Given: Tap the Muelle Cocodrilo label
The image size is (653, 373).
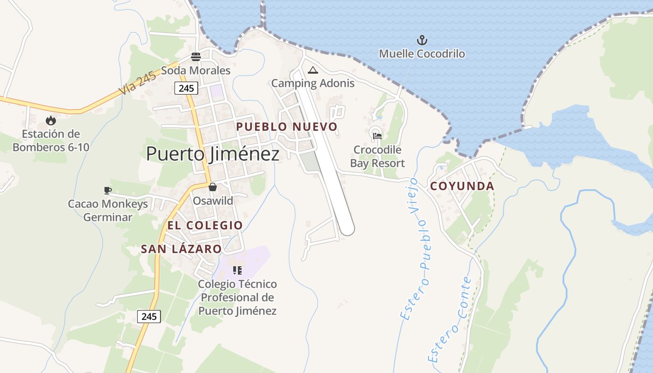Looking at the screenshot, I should click(x=422, y=54).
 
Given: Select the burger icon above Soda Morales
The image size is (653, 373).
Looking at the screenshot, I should click(x=196, y=57).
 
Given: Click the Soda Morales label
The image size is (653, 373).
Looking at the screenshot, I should click(x=196, y=71).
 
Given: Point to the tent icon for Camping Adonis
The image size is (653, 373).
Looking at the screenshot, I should click(x=313, y=70).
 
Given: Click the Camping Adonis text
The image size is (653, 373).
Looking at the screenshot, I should click(x=313, y=83).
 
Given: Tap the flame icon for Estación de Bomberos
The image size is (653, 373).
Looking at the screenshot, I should click(x=51, y=121).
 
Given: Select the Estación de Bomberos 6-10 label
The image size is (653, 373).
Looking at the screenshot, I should click(x=51, y=141).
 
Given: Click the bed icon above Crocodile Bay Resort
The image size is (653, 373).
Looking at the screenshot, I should click(x=377, y=136).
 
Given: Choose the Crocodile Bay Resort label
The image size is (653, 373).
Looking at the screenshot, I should click(x=377, y=157).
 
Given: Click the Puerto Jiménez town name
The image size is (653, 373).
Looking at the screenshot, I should click(x=213, y=154).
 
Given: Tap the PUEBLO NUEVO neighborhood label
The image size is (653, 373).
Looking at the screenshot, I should click(x=286, y=127).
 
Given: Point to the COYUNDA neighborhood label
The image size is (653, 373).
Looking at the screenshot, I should click(x=462, y=186).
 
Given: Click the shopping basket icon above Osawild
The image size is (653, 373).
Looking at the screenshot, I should click(x=213, y=187).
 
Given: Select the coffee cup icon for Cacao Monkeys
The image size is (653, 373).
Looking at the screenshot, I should click(x=108, y=190).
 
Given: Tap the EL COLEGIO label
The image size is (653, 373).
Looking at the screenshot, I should click(x=205, y=226).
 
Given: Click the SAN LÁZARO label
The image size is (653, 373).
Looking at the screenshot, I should click(x=181, y=249).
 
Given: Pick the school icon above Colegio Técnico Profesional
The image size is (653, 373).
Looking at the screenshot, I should click(x=237, y=270).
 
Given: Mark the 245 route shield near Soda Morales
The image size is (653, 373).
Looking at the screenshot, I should click(x=187, y=88).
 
